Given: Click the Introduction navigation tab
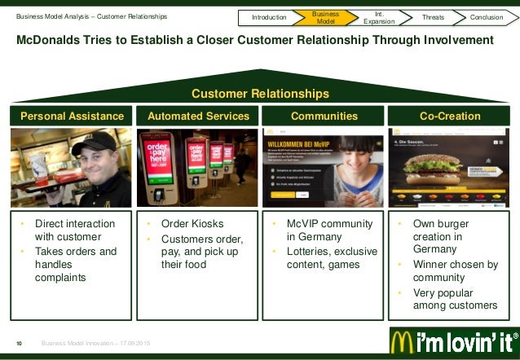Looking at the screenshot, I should click(269, 16).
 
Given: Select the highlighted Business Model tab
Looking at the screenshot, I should click(326, 16).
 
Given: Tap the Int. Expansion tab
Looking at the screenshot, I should click(378, 16).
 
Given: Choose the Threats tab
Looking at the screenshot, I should click(434, 16).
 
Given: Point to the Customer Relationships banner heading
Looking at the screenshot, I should click(260, 94).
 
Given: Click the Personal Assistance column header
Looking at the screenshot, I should click(72, 116).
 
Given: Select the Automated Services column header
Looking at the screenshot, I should click(198, 116).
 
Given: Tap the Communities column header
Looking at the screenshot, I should click(324, 116).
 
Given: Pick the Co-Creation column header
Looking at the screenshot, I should click(450, 116).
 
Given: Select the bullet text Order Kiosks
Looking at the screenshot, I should click(192, 224).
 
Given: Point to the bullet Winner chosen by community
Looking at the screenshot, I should click(455, 270).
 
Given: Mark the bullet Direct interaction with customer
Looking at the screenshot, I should click(74, 230).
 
